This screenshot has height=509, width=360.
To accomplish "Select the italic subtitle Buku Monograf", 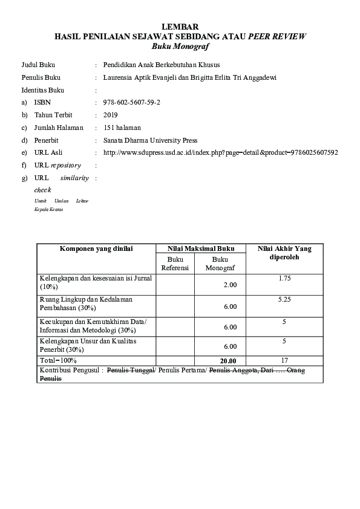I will [x=180, y=45].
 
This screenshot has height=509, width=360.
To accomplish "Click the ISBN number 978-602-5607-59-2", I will [x=132, y=103].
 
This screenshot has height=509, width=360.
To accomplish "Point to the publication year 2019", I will [x=111, y=115].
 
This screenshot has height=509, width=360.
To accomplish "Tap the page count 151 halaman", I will [x=122, y=128].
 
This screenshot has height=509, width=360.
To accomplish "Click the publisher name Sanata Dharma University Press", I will [x=151, y=140].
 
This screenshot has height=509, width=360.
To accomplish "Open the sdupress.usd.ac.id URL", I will [x=221, y=152].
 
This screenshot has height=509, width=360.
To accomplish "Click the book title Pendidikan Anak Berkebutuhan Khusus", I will [x=162, y=64].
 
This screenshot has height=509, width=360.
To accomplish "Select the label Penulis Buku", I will [x=41, y=77].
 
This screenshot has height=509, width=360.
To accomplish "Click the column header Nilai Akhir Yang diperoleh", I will [x=284, y=253].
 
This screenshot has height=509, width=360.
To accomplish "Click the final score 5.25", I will [x=284, y=299].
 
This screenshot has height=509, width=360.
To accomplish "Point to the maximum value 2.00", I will [x=230, y=284].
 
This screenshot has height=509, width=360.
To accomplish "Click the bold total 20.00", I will [x=228, y=361].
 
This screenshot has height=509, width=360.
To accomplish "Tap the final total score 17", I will [x=284, y=360].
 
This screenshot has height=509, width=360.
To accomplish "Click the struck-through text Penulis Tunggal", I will [x=129, y=369].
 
